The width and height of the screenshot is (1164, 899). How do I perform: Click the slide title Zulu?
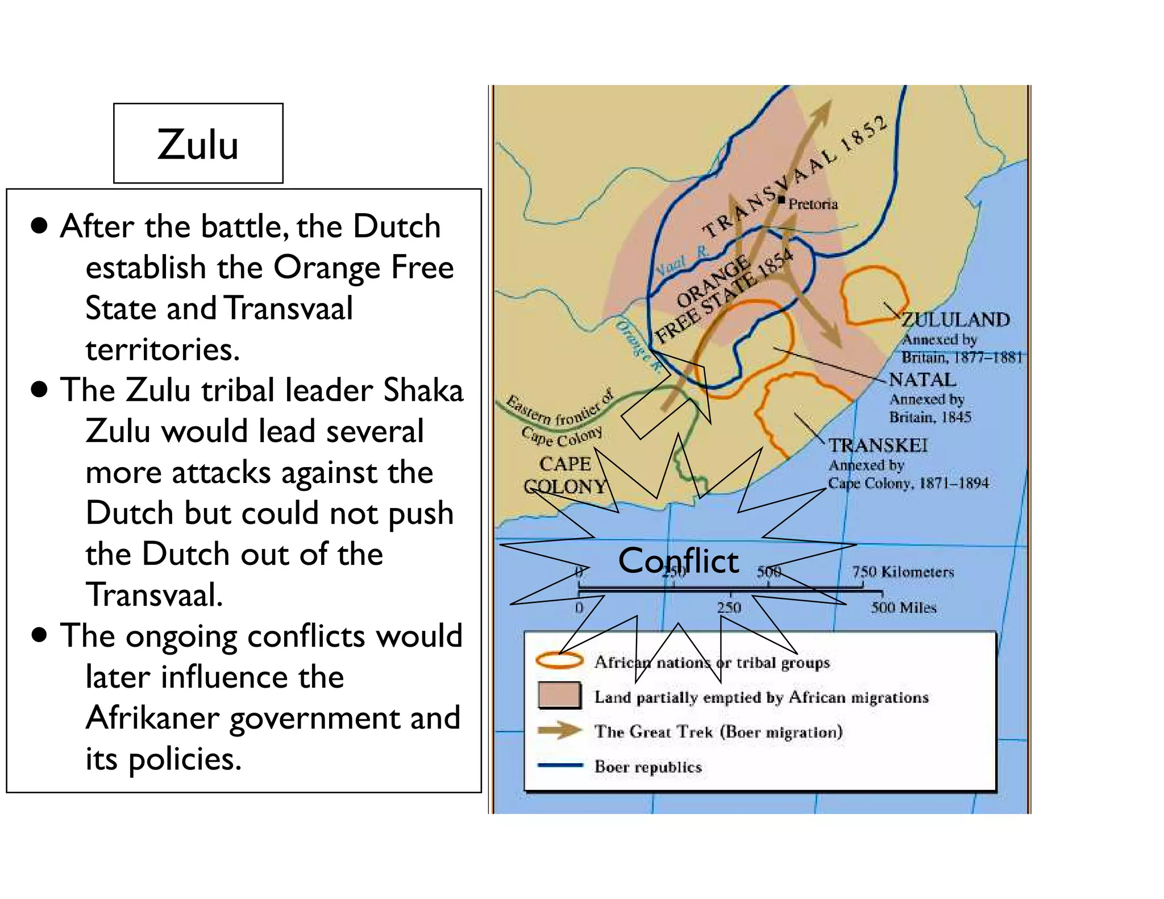(x=198, y=144)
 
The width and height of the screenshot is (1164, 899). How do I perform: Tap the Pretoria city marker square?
(x=781, y=199)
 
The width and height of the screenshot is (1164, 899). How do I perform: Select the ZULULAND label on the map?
(x=955, y=319)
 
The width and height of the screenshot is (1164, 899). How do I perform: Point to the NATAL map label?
(x=922, y=379)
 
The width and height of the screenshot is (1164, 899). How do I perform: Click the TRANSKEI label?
(x=877, y=445)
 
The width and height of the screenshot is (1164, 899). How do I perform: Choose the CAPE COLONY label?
(x=565, y=475)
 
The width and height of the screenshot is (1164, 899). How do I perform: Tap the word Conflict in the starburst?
(x=678, y=561)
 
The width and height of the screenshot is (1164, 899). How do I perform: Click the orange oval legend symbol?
(x=559, y=660)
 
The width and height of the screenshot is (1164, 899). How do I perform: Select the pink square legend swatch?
(x=559, y=695)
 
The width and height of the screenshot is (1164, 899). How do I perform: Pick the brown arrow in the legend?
(x=559, y=730)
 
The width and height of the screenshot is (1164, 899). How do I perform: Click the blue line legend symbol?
(x=559, y=765)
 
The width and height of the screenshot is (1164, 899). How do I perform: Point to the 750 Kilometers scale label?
(x=903, y=571)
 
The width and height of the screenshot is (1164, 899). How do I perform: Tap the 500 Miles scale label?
(x=903, y=607)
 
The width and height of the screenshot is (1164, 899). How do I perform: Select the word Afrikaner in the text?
(x=152, y=718)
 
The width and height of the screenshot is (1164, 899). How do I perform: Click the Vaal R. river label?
(x=681, y=259)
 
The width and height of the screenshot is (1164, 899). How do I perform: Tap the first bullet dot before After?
(x=39, y=226)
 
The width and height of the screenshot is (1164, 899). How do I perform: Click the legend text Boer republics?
(x=648, y=767)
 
